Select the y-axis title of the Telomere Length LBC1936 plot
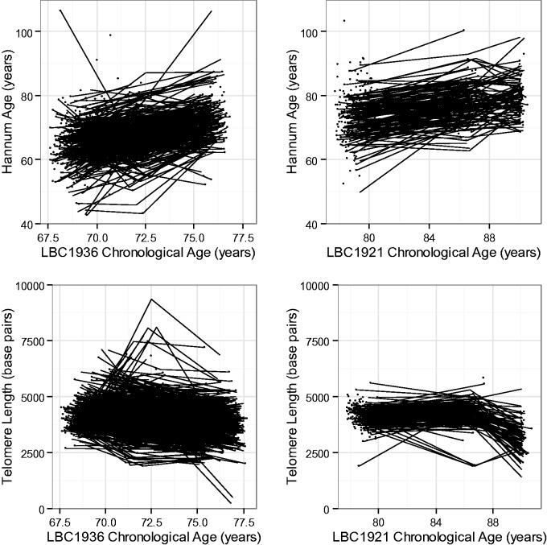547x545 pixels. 10,396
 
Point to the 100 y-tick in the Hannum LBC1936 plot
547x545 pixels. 31,32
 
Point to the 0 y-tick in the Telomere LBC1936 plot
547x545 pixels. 37,510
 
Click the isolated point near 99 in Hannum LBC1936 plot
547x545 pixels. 110,35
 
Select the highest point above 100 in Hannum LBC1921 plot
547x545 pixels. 344,20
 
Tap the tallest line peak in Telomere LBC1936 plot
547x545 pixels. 150,299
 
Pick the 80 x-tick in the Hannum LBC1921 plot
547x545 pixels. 369,238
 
